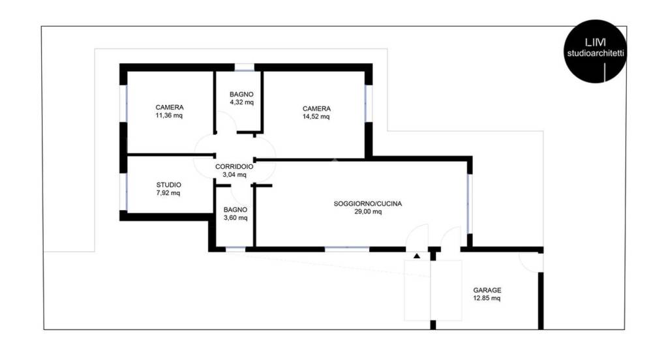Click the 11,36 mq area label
(169, 117)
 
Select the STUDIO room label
(169, 185)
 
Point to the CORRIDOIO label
(234, 166)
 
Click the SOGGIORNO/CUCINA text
(368, 203)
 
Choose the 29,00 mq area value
(368, 212)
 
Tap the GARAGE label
(487, 290)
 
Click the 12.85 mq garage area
(487, 299)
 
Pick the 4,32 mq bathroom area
(241, 103)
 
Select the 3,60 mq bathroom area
(235, 218)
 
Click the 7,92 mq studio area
(169, 193)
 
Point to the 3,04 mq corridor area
(234, 175)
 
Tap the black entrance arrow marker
(417, 256)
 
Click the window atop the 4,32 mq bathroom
(244, 67)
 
